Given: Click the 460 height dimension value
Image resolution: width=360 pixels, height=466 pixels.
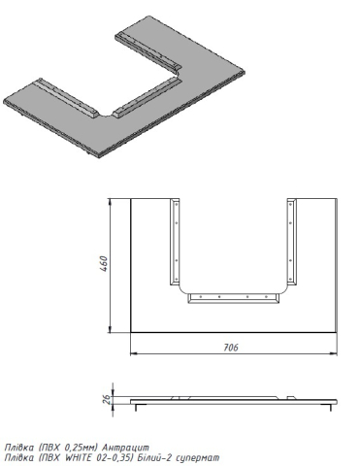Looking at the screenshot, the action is click(103, 264).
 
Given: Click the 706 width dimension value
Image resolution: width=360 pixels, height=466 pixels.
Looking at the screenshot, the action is click(231, 348).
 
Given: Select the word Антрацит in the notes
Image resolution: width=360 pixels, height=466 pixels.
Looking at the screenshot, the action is click(125, 448).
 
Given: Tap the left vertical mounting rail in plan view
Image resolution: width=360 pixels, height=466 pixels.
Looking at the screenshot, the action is click(175, 242).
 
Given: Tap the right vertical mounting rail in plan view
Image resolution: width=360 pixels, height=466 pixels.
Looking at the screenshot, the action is click(291, 242).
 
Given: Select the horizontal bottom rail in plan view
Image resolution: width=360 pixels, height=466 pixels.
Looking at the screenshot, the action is click(233, 298).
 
